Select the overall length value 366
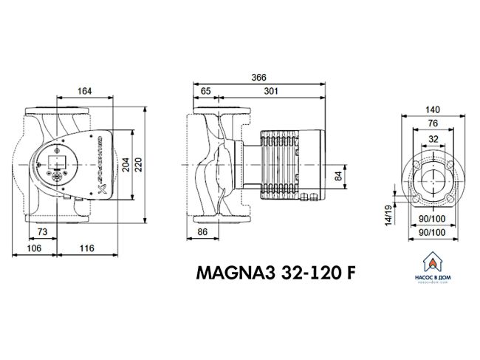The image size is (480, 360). [258, 76]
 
